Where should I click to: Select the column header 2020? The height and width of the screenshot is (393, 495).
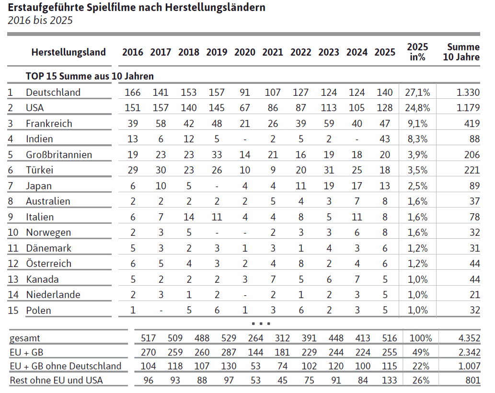click(x=244, y=52)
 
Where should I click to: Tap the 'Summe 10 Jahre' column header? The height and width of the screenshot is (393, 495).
click(x=463, y=52)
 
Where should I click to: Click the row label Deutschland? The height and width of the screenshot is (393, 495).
click(x=53, y=92)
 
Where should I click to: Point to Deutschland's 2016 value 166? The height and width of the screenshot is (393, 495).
click(x=132, y=92)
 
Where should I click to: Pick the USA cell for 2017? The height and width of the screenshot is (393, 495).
click(x=161, y=108)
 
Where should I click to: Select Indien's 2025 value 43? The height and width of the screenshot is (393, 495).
click(x=385, y=139)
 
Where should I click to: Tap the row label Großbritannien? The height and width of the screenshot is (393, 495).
click(x=58, y=155)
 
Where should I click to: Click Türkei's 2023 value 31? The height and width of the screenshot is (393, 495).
click(x=329, y=170)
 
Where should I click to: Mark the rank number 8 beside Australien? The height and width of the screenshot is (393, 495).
click(x=10, y=201)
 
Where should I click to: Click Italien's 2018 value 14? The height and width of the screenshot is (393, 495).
click(x=189, y=217)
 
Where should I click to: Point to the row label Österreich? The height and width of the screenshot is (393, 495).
click(x=48, y=264)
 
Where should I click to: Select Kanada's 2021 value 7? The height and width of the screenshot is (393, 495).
click(x=273, y=279)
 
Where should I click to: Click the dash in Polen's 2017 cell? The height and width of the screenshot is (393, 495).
click(x=161, y=311)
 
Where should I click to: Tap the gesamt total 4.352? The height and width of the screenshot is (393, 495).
click(x=468, y=338)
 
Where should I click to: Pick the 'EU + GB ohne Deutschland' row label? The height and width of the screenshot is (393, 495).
click(x=66, y=366)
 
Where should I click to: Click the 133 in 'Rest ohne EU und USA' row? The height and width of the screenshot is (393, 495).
click(x=389, y=381)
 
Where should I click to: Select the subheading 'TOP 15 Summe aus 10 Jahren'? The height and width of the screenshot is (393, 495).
click(x=90, y=76)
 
